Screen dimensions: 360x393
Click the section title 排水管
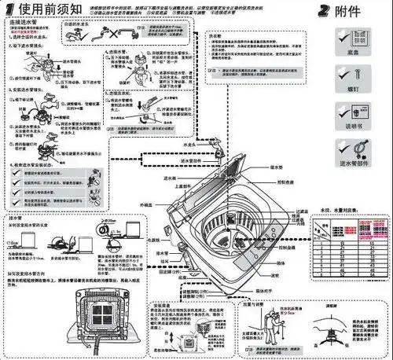pyautogui.click(x=17, y=216)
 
